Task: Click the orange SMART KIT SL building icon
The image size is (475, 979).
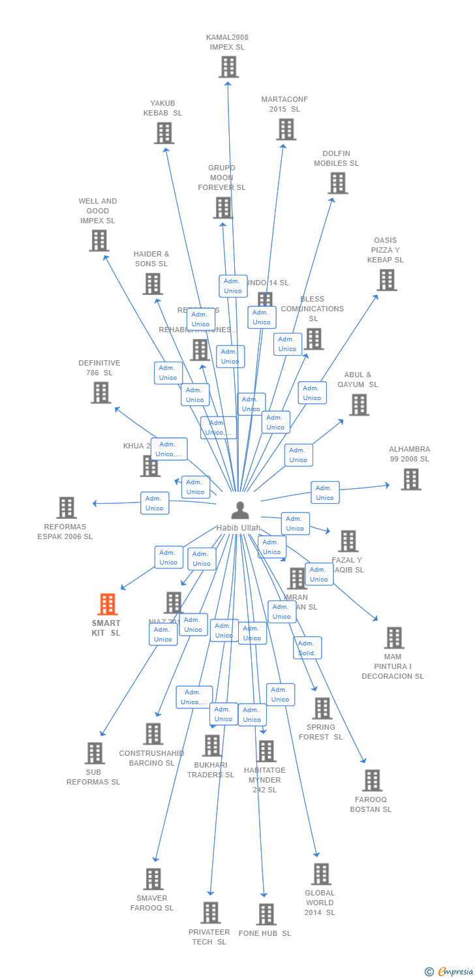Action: (x=108, y=604)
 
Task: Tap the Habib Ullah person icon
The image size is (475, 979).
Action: (x=240, y=510)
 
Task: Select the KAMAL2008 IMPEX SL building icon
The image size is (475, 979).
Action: (x=228, y=67)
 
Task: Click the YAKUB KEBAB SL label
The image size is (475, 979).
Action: (x=162, y=108)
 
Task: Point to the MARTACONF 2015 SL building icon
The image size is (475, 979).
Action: (x=286, y=129)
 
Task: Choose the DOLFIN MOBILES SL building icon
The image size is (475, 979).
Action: (x=337, y=183)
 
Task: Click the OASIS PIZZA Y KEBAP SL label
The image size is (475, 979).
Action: (x=385, y=250)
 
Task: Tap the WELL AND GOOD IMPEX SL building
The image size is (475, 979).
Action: (x=99, y=241)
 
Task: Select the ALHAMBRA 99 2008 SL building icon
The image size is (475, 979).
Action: (x=410, y=479)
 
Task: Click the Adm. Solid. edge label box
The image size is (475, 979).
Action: (x=307, y=648)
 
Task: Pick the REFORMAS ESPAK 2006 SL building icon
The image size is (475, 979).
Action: (x=66, y=507)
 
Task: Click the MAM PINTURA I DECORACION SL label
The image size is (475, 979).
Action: (x=393, y=666)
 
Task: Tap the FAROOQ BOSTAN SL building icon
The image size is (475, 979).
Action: (x=372, y=780)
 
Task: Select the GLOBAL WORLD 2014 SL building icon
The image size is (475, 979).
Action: (x=320, y=874)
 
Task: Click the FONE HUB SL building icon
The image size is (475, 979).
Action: (x=266, y=914)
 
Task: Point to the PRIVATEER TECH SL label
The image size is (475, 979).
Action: (x=209, y=937)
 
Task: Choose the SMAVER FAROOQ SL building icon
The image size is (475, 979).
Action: (x=153, y=878)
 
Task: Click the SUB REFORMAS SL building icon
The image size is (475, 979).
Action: (x=95, y=753)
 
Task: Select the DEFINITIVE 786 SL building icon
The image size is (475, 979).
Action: (x=100, y=393)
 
